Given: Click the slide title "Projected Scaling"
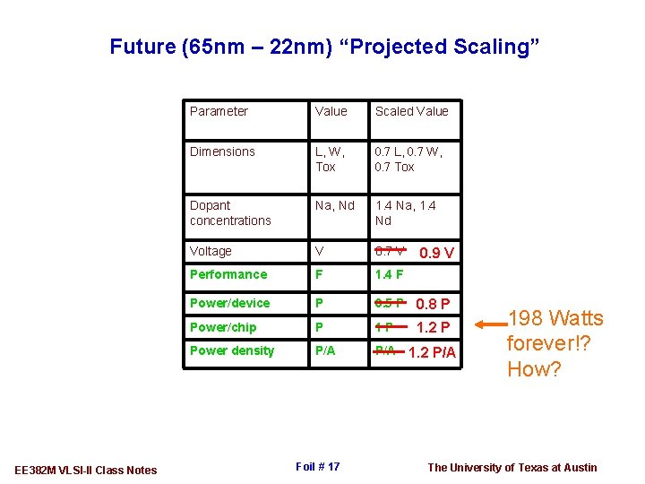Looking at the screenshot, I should pos(325,46).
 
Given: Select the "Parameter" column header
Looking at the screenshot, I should pos(219,111).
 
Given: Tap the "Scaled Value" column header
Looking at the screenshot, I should pos(411,111).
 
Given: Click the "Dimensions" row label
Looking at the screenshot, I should pos(222,151).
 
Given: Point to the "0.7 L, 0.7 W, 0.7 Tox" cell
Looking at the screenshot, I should pos(408,159).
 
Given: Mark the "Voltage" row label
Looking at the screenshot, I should pos(211,251).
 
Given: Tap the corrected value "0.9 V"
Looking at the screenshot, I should pos(439,254).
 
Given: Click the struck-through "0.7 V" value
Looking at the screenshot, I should pos(390,251).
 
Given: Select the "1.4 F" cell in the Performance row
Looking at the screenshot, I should pos(389,274).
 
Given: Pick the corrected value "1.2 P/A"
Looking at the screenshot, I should pos(432,352).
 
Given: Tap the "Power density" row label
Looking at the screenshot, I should pos(232,350).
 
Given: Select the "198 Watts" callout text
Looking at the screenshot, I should pos(555,318).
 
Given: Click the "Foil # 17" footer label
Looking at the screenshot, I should pos(317,467).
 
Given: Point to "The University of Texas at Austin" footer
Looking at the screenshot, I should pos(512,467).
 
